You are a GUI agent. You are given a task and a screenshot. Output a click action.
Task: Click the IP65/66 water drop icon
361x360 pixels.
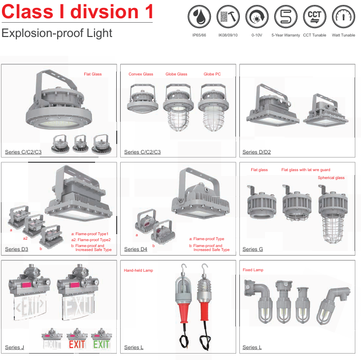point(199,17)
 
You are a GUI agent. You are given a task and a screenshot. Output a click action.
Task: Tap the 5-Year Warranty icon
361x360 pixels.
point(286,17)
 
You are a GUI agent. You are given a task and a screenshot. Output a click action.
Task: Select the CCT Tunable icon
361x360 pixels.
point(315,17)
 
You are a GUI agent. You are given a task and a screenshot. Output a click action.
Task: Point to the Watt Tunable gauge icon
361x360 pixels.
point(343,17)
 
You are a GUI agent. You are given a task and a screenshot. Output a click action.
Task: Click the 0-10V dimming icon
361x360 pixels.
point(257,17)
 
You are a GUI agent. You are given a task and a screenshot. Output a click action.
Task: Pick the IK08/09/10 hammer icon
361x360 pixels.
point(228,17)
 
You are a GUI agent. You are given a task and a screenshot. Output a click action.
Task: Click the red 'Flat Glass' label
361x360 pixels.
point(93,74)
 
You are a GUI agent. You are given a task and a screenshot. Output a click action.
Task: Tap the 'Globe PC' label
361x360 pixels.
point(212,74)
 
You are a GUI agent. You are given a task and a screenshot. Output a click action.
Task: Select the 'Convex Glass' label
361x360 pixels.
point(141,74)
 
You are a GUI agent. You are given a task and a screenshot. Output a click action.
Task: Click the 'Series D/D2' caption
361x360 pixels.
point(257,152)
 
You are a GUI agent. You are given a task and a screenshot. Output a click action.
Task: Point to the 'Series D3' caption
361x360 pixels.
point(17,249)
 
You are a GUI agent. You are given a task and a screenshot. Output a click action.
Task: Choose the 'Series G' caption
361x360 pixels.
point(253,249)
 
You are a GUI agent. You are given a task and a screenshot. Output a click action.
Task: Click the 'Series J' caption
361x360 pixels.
point(14,347)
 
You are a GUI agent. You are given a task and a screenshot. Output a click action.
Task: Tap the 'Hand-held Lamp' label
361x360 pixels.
point(138,270)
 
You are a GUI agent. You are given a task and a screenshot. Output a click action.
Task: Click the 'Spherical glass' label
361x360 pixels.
point(331,178)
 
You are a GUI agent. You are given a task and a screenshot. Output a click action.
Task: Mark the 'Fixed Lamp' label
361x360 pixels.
point(253,270)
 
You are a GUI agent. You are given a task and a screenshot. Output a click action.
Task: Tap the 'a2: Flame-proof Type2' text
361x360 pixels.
point(91,240)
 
